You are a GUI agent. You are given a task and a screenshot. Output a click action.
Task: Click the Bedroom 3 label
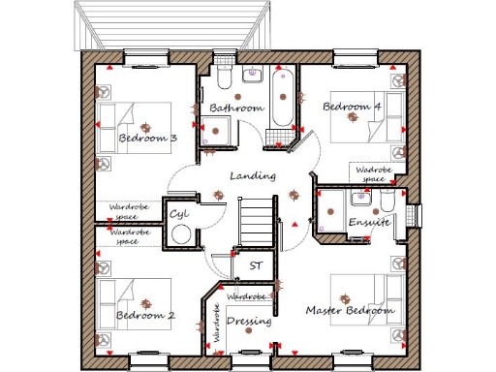pos(147,139)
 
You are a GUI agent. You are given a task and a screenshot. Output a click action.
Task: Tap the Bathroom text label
pos(236,108)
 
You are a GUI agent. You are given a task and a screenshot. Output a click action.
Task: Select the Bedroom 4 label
pos(352,107)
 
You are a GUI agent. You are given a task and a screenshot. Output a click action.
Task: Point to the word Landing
pos(253,176)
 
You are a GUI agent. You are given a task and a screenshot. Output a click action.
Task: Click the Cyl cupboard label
pos(179,213)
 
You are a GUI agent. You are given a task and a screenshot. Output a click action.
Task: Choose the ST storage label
pos(257,264)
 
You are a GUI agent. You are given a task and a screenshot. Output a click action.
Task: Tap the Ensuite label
pos(368,223)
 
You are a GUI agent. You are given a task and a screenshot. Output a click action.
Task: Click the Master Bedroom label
pos(350,311)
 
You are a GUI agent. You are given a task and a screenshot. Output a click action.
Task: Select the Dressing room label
pos(248,321)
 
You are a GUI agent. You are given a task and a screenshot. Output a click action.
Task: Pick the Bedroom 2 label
pos(145,316)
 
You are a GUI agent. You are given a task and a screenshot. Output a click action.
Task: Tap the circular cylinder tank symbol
pos(180,234)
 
